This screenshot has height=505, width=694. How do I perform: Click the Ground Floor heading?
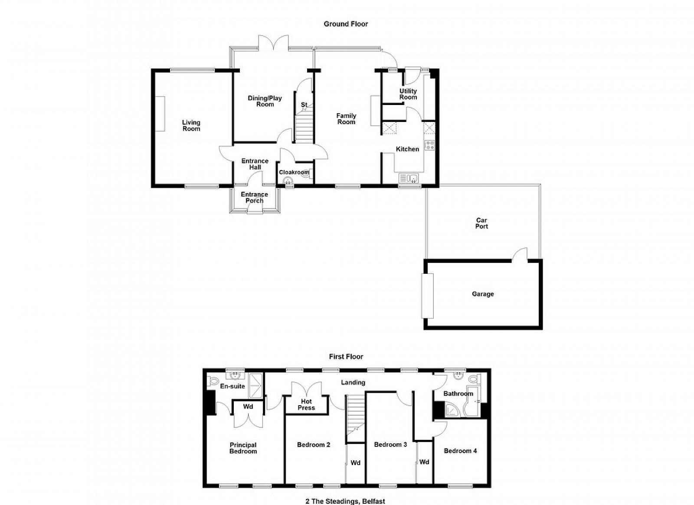346,24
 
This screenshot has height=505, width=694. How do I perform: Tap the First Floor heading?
346,357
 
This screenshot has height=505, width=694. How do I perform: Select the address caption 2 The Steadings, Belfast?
345,501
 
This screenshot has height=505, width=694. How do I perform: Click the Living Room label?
191,125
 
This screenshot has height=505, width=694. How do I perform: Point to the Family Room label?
347,119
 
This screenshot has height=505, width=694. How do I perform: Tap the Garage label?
483,294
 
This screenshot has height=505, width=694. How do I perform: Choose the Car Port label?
481,223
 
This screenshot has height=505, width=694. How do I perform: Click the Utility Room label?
408,94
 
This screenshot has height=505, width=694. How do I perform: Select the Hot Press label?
306,405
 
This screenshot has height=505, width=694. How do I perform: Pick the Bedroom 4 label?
460,451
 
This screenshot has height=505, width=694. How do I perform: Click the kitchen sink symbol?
409,178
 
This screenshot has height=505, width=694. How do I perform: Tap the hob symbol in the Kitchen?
429,145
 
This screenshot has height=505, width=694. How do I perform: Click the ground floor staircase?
304,127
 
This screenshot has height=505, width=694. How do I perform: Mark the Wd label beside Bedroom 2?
355,463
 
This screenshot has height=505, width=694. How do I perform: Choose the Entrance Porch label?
254,197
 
